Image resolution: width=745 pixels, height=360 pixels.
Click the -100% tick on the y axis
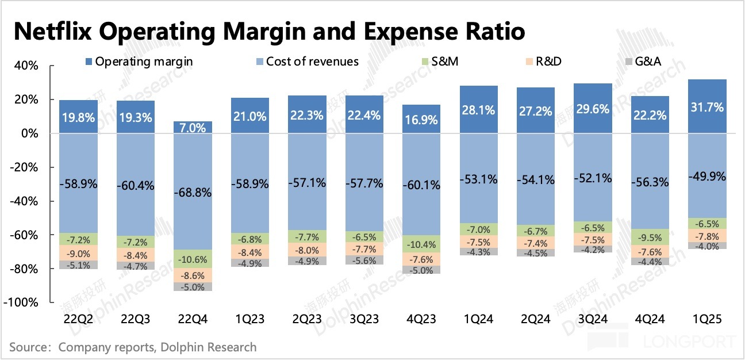24,303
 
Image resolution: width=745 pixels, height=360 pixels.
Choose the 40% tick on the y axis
26,66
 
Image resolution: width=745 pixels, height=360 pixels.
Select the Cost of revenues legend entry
305,62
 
